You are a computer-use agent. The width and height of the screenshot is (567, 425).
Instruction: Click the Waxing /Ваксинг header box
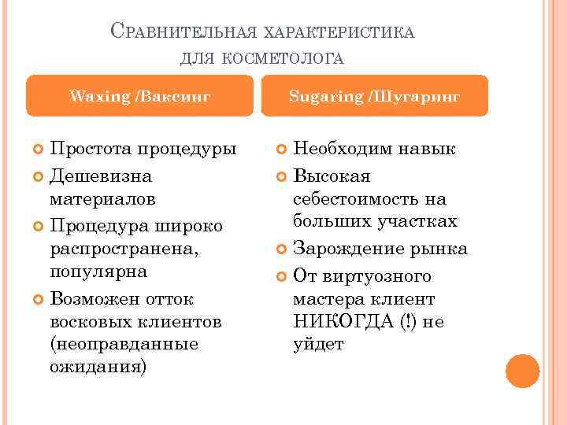tap(140, 96)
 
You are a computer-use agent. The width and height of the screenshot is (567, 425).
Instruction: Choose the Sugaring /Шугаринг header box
tap(374, 96)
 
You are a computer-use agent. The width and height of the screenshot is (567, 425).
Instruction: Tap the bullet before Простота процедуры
tap(38, 150)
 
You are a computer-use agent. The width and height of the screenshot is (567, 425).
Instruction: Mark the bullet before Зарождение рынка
tap(281, 249)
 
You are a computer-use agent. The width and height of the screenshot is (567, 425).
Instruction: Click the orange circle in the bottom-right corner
tap(522, 371)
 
